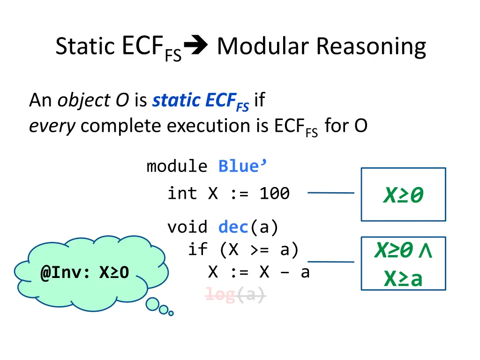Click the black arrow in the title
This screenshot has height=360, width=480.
[196, 45]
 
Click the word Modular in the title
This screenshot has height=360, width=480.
[263, 46]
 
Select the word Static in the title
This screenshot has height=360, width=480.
[85, 46]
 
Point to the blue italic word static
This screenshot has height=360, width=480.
[177, 100]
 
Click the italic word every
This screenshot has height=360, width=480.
[52, 126]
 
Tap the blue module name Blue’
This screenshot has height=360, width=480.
[242, 166]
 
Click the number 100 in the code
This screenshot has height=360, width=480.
[275, 194]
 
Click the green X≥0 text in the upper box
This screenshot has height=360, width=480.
[404, 195]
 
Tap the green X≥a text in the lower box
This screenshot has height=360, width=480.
[404, 279]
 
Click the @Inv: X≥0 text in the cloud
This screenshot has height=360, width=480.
[84, 272]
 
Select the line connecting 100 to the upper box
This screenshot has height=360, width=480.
[331, 193]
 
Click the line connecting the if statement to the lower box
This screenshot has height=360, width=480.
[331, 262]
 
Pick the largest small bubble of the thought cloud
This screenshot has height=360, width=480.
[152, 304]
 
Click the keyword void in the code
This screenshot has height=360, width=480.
[187, 227]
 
